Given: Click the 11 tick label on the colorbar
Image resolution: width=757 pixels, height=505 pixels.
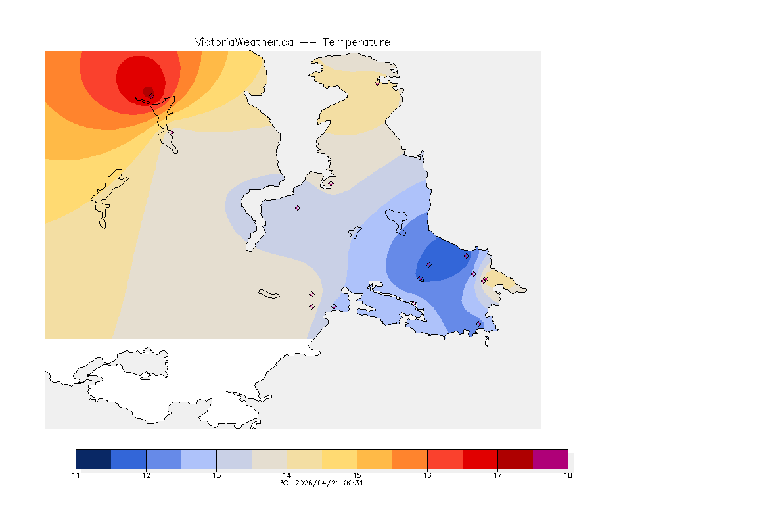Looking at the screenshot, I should point(76,475).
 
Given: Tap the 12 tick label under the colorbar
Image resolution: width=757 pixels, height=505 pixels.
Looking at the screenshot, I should point(146,475).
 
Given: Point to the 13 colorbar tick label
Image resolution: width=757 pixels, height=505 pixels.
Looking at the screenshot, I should point(216,475).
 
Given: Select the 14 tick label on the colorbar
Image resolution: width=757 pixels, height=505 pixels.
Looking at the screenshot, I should point(287,475).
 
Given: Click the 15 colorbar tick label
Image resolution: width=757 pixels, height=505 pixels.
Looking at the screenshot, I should point(357,475).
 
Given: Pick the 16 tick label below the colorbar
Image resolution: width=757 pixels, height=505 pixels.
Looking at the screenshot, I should point(427,475).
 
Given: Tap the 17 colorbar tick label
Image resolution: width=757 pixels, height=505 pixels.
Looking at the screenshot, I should point(497,475).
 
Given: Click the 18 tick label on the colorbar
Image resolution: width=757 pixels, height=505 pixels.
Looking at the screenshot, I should point(568,475).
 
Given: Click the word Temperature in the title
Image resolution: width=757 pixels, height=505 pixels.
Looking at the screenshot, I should point(356,42).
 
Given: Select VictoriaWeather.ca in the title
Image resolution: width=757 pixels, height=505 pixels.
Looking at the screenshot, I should point(244,42).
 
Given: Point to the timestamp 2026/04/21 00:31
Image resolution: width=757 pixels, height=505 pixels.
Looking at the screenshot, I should point(327,483).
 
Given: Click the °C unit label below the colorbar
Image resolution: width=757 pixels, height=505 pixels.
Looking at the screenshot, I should point(284,483).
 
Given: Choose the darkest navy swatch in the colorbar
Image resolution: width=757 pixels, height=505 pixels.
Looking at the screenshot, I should point(93,459).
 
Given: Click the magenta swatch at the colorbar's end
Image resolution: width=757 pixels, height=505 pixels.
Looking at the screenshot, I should point(550,459).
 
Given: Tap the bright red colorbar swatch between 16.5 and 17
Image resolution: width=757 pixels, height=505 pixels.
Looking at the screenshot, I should point(480,459).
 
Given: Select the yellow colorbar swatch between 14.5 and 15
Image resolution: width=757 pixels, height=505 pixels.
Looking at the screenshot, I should point(339,459).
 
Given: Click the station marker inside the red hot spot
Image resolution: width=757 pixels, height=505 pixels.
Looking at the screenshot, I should point(151,96).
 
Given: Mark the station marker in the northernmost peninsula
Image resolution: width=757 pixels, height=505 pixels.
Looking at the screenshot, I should point(377,83).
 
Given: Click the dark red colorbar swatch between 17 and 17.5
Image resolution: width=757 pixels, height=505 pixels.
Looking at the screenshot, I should point(515,459).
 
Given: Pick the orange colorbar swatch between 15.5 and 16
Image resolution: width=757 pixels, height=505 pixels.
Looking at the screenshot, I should point(409,459).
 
